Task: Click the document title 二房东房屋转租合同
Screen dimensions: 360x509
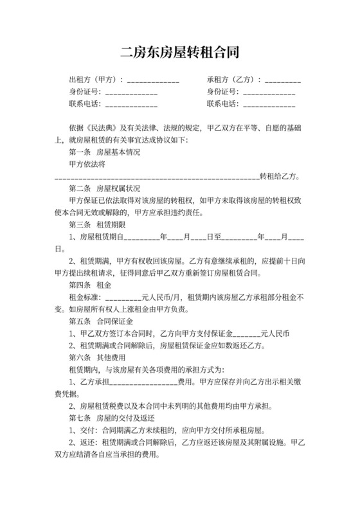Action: coord(180,51)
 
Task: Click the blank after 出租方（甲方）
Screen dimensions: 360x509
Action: coord(153,82)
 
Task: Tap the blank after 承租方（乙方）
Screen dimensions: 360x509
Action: coord(282,82)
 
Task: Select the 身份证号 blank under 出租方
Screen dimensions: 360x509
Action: coord(131,93)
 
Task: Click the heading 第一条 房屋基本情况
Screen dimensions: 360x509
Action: coord(104,152)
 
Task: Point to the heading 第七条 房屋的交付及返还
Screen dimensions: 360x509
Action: coord(109,418)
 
